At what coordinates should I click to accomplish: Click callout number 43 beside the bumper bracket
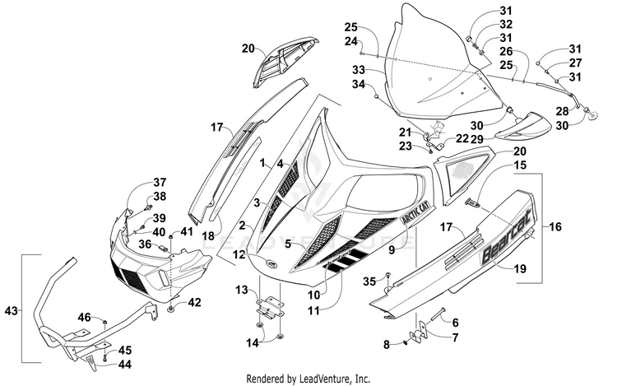[x=11, y=311]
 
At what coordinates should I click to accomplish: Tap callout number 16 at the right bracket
[x=554, y=226]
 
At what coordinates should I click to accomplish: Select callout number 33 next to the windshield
[x=359, y=70]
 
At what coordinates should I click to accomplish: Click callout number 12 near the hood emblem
[x=239, y=254]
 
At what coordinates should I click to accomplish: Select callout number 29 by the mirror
[x=477, y=138]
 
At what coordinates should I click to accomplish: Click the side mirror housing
[x=524, y=126]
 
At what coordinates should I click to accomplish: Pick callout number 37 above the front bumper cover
[x=160, y=183]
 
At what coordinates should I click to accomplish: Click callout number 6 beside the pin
[x=455, y=323]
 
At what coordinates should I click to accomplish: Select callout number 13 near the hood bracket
[x=242, y=291]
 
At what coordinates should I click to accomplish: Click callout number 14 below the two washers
[x=253, y=343]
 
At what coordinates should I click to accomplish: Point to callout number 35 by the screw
[x=369, y=281]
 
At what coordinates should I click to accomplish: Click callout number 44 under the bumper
[x=124, y=365]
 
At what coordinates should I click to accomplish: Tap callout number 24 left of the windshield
[x=351, y=41]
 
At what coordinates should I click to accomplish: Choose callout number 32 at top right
[x=506, y=25]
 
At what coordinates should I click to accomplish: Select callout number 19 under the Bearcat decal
[x=520, y=268]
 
